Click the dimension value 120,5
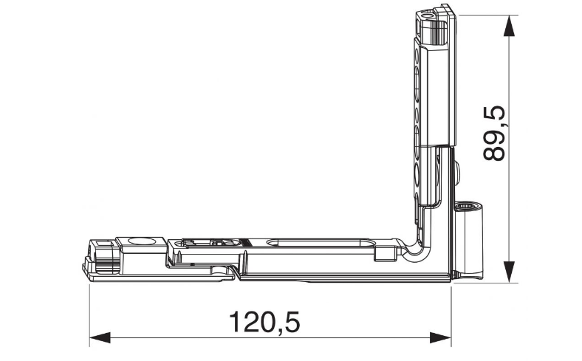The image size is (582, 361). click(x=264, y=322)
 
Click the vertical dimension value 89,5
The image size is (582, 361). click(x=494, y=133)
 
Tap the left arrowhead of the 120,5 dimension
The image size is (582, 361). click(x=100, y=337)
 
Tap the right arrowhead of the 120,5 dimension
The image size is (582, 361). click(x=441, y=337)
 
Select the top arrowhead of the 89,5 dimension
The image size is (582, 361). click(x=510, y=26)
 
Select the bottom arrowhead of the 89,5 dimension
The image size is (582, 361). click(x=510, y=272)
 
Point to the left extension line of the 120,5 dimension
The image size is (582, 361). click(x=90, y=316)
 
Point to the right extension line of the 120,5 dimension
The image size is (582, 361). click(x=451, y=316)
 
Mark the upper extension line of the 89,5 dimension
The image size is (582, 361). click(x=488, y=16)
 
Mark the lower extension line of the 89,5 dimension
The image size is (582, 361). click(x=485, y=282)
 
